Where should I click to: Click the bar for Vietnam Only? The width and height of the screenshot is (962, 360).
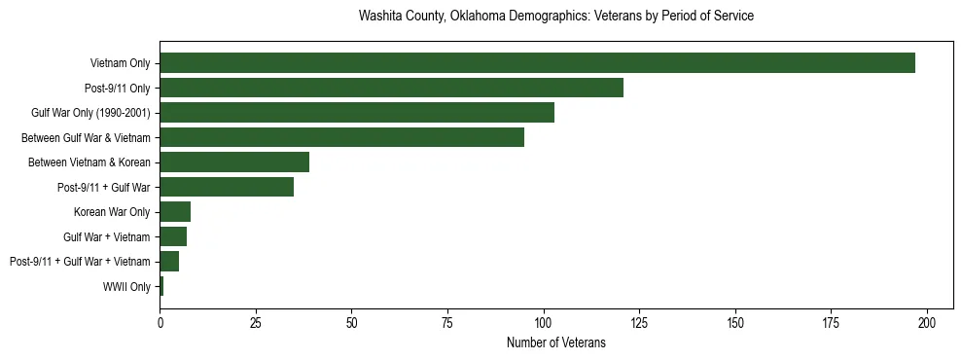click(x=537, y=63)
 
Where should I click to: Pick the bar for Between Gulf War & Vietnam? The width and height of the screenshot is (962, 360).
click(x=341, y=138)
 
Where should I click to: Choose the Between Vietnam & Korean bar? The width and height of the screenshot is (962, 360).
click(x=234, y=162)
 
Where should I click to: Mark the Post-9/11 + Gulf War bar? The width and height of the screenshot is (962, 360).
click(x=227, y=187)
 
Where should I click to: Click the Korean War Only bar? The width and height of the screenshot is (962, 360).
click(x=175, y=212)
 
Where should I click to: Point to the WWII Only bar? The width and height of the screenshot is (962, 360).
click(x=161, y=286)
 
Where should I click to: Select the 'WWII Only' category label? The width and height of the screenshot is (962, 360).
click(x=126, y=287)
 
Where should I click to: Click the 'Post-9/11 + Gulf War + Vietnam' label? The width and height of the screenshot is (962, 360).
click(x=80, y=262)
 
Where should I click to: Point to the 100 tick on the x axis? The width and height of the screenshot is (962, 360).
click(x=544, y=322)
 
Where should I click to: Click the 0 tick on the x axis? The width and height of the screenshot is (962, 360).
click(x=160, y=322)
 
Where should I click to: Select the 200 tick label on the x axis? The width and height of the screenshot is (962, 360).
click(x=927, y=322)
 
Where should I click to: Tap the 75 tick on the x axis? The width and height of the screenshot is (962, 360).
click(x=447, y=322)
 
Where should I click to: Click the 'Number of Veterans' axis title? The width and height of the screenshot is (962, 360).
click(x=556, y=342)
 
